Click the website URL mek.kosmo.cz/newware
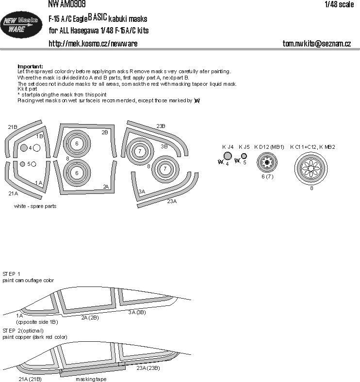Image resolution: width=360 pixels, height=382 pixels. pos(93,44)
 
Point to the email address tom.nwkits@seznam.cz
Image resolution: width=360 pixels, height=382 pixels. pos(317,44)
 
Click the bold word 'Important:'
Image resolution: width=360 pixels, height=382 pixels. pos(30,66)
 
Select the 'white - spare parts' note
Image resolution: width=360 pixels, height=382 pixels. pos(35,206)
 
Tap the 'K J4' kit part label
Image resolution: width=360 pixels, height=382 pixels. pos(228,146)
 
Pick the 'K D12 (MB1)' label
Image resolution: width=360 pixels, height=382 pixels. pos(268,146)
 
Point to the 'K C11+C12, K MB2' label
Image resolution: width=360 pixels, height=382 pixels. pos(312,146)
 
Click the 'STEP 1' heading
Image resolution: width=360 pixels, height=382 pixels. pos(12,274)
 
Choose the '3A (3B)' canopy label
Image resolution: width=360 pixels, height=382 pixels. pos(137,312)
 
